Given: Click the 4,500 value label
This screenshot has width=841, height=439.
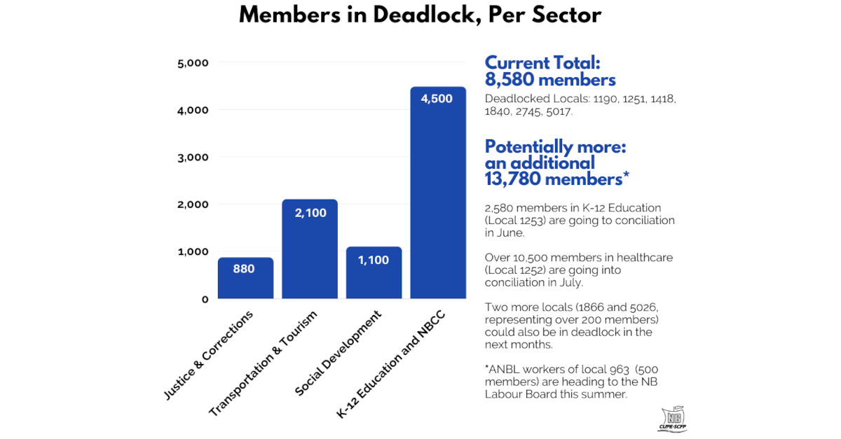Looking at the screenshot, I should tap(437, 99).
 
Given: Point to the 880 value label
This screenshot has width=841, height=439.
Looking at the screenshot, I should tap(244, 269).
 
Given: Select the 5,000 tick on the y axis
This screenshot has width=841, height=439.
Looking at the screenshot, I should tap(193, 63).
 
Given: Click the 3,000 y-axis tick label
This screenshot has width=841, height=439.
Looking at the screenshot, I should tap(193, 158).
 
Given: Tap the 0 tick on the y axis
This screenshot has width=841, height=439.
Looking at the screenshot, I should tap(205, 299).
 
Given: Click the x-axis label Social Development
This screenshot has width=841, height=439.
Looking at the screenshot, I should tap(340, 353).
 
